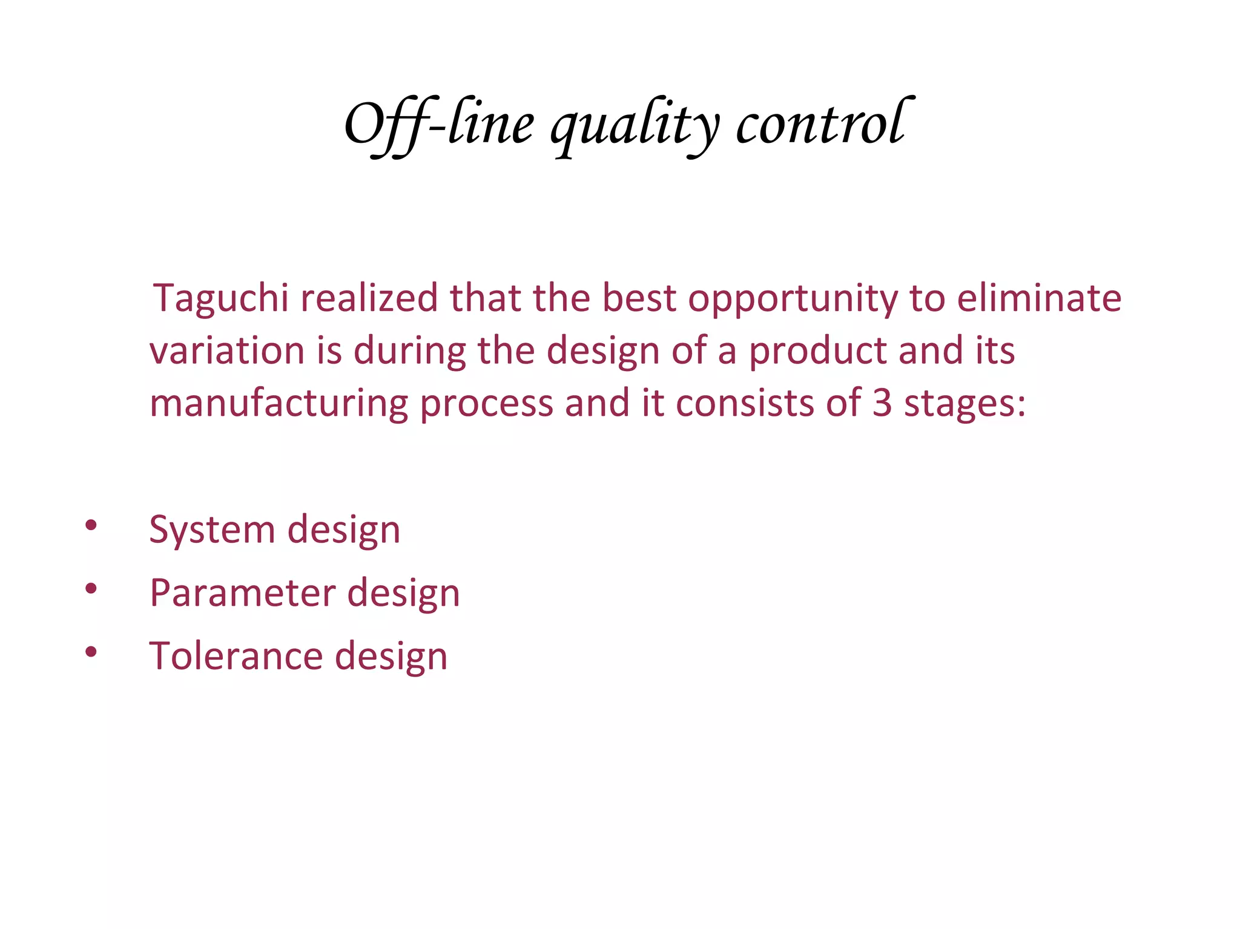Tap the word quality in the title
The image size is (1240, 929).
pos(635,127)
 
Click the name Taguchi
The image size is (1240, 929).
pos(221,299)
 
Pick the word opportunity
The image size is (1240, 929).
pos(793,299)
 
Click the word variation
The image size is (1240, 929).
pos(227,350)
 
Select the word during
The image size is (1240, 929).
pos(409,352)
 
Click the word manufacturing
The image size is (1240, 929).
pos(279,404)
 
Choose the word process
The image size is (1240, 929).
pos(487,404)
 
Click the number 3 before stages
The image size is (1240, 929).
pos(882,403)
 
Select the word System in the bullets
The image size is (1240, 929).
pos(212,530)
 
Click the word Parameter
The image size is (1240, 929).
pos(242,593)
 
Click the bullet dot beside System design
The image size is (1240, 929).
pos(91,525)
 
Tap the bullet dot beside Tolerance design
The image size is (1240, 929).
pos(91,651)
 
